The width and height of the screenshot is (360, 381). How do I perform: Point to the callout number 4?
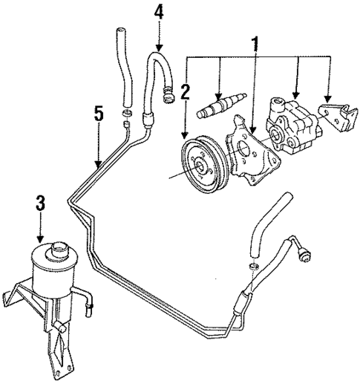[157, 13]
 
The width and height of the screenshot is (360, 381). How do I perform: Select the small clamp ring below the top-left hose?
[127, 112]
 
